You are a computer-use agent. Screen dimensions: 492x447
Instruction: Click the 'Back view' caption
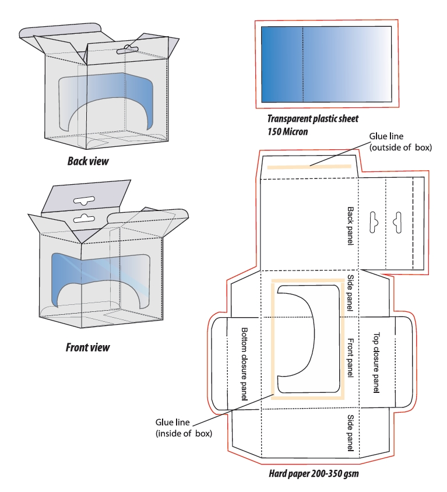(88, 160)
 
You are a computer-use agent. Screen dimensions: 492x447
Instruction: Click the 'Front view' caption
(87, 348)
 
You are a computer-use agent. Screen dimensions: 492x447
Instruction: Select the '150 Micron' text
(288, 131)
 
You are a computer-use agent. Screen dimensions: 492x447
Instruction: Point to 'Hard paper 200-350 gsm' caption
(314, 473)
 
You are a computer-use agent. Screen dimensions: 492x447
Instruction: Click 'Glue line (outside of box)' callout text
(400, 142)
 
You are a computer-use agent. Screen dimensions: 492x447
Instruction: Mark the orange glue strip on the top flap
(309, 167)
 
